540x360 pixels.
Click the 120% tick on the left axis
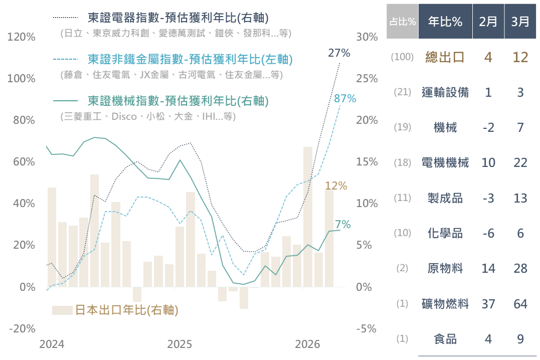click(x=22, y=37)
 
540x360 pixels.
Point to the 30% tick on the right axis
click(x=366, y=37)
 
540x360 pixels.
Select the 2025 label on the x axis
click(x=179, y=344)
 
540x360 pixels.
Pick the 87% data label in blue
click(x=345, y=99)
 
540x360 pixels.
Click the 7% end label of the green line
click(x=343, y=224)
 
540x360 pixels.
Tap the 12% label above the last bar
click(x=336, y=186)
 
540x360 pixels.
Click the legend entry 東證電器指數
click(x=178, y=18)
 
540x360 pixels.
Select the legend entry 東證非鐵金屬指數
click(x=190, y=59)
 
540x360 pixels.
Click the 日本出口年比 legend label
click(x=126, y=310)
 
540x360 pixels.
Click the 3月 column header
click(x=520, y=22)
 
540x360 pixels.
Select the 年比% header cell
click(x=445, y=22)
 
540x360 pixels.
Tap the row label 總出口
click(x=445, y=57)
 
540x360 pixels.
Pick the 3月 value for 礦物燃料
click(x=520, y=304)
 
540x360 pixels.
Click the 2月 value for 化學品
click(x=488, y=233)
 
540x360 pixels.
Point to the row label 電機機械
click(x=445, y=162)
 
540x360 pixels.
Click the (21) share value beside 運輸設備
click(x=402, y=92)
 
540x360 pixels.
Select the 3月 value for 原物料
click(x=520, y=268)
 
